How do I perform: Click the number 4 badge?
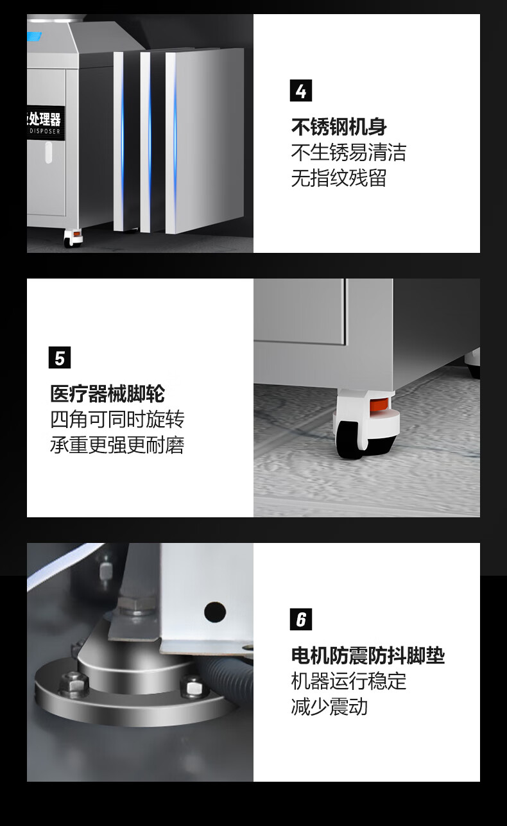301,90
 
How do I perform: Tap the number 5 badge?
60,357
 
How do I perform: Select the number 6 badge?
301,619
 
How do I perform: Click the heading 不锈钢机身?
339,126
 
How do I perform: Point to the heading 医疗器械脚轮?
108,393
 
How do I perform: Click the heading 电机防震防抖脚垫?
368,656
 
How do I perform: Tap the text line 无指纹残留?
339,178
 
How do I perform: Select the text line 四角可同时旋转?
117,419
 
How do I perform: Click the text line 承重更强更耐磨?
117,445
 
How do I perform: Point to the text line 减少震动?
329,707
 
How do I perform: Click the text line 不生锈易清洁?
348,152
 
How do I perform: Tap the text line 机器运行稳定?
348,682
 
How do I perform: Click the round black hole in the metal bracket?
215,612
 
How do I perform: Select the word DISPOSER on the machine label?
45,132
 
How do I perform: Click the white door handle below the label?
48,153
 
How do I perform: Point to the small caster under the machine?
73,238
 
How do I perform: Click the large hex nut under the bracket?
136,605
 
